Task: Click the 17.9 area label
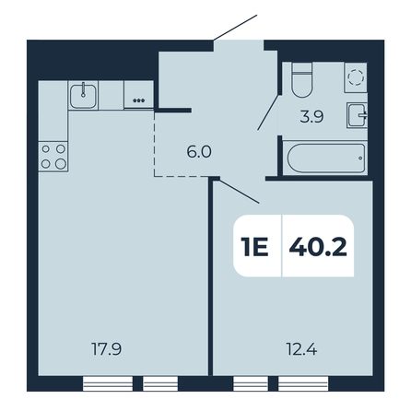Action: (107, 349)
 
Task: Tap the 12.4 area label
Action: (301, 349)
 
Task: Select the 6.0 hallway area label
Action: (199, 152)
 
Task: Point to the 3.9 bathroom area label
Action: (311, 117)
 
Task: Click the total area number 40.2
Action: (318, 247)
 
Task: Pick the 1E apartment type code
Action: (254, 247)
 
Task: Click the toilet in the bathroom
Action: (301, 79)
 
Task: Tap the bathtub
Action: (325, 159)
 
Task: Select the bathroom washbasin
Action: (357, 115)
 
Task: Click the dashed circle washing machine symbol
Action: (356, 77)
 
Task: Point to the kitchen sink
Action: (83, 96)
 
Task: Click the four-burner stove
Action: (53, 157)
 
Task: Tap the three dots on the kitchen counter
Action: (138, 100)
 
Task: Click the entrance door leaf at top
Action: (235, 28)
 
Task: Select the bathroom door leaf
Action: (269, 112)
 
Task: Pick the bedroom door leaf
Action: (240, 192)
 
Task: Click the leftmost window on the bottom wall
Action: (108, 383)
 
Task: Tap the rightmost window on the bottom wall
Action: (303, 383)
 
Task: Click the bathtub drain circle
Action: (360, 159)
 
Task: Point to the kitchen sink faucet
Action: (83, 89)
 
